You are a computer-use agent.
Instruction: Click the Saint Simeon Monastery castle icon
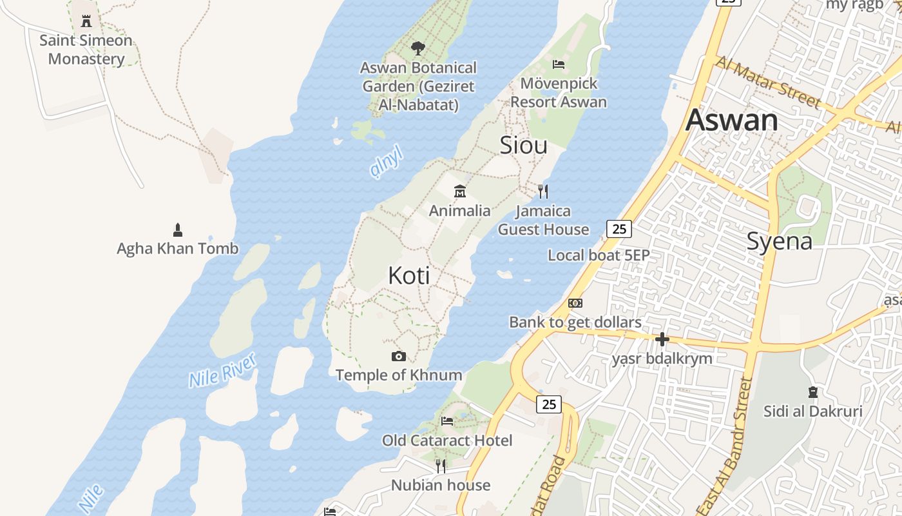tap(86, 21)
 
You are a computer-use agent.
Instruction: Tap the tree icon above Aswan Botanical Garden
tap(418, 48)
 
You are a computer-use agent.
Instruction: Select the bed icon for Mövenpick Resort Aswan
tap(559, 64)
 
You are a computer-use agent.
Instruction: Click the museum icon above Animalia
tap(460, 191)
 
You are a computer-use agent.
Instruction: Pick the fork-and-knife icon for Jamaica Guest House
tap(543, 191)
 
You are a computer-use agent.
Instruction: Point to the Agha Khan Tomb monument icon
tap(178, 230)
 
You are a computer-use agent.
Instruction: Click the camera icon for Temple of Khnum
tap(399, 356)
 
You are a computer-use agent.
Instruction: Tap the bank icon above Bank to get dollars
tap(575, 303)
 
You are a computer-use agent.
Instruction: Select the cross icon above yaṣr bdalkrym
tap(662, 339)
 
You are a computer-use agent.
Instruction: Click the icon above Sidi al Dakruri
tap(813, 392)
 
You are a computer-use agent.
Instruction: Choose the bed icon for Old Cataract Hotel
tap(447, 421)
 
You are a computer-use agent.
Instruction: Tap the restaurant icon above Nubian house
tap(441, 466)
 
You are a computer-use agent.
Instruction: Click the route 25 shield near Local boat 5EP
tap(619, 228)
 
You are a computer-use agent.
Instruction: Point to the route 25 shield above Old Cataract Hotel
tap(549, 404)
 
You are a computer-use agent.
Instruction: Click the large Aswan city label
tap(732, 121)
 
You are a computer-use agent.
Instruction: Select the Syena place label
tap(780, 241)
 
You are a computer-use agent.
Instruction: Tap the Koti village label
tap(409, 276)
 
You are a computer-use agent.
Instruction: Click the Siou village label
tap(524, 146)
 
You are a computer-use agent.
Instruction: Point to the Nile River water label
tap(223, 370)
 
